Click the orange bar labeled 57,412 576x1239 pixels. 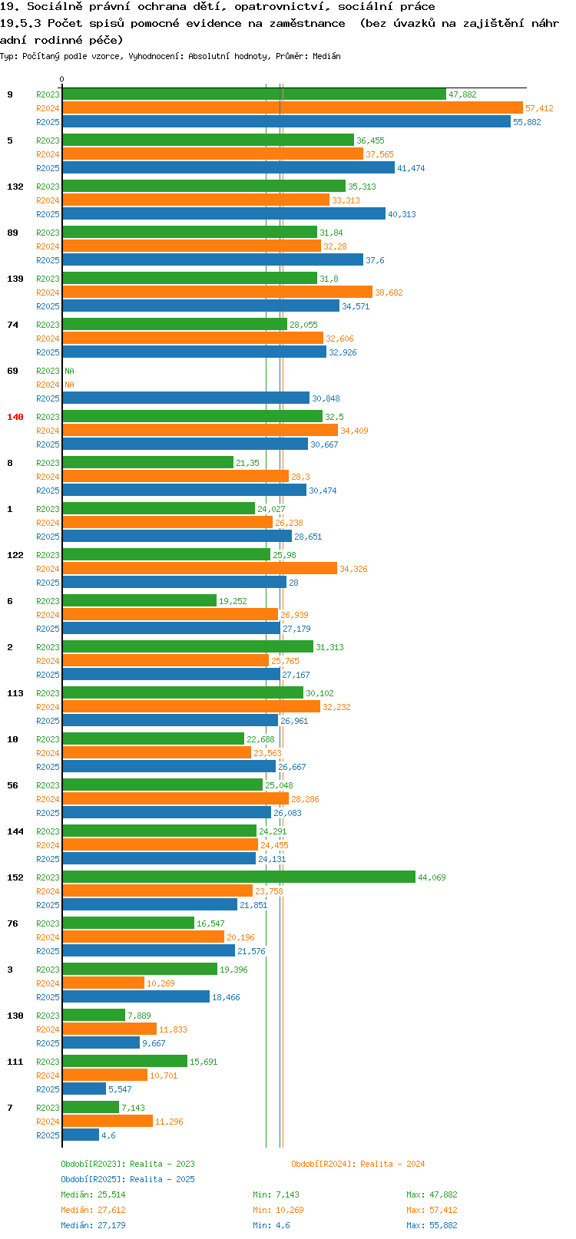point(292,108)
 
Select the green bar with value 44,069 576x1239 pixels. point(239,877)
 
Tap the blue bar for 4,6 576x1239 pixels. point(80,1135)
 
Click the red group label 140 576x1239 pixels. point(15,417)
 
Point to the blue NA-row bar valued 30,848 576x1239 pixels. point(185,398)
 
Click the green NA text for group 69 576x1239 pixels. point(69,371)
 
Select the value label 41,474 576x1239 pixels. point(411,168)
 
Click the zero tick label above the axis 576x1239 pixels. point(61,79)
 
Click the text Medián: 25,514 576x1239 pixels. point(93,1194)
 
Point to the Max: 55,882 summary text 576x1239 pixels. point(432,1225)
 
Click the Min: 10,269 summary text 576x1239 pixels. point(278,1210)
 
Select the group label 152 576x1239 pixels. point(15,877)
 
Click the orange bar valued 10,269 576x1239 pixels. point(103,983)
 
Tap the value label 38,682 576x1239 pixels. point(389,292)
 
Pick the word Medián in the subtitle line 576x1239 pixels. point(326,56)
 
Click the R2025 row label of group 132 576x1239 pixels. point(48,214)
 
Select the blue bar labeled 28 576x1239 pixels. point(174,582)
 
